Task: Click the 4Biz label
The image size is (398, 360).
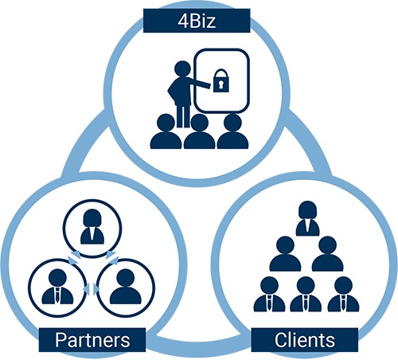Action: pos(197,21)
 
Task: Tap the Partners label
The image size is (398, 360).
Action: pos(92,340)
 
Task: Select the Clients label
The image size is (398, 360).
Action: pos(305,340)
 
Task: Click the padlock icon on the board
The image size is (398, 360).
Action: pos(221,80)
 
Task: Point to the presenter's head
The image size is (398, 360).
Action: pos(182,69)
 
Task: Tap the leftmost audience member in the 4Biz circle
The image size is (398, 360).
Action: pos(166,131)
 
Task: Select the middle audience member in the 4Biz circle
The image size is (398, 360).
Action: pos(200,131)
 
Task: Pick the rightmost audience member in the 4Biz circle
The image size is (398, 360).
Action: pos(232,131)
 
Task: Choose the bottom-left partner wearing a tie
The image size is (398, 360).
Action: pos(57,287)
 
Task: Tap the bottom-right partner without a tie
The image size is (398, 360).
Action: pos(126,287)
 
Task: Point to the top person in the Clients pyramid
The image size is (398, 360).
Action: pos(307,218)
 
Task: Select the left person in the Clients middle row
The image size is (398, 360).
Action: pos(285,253)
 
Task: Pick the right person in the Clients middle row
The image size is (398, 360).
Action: pos(327,253)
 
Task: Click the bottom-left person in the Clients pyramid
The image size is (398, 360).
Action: pos(269,294)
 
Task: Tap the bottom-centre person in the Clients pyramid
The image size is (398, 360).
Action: pos(306,294)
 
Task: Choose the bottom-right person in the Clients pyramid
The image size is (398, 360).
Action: pos(344,294)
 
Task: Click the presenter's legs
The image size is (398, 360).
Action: pos(183,116)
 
